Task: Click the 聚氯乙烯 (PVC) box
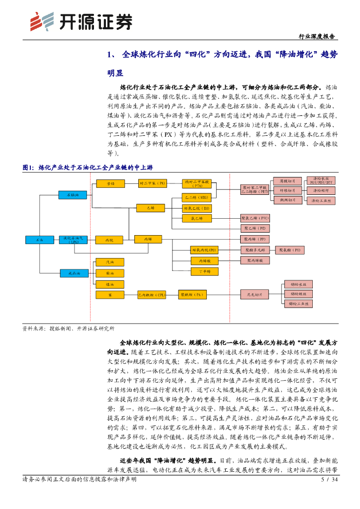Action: (x=256, y=218)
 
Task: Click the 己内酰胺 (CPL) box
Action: (x=152, y=295)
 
